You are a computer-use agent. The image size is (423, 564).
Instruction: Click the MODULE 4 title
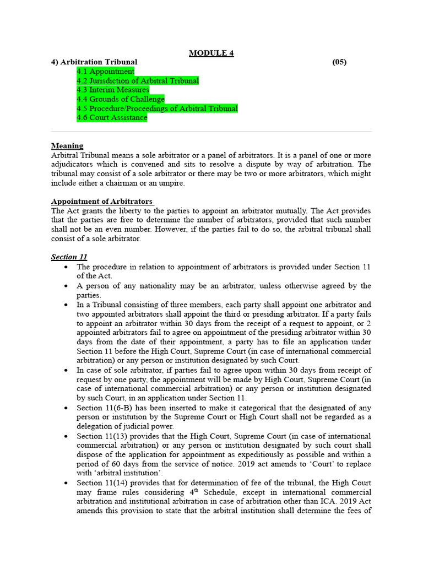coord(211,53)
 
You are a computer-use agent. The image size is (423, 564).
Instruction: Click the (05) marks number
coord(339,62)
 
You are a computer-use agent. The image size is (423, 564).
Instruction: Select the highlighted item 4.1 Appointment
coord(105,72)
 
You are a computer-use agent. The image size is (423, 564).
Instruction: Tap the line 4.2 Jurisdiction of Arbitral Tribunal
coord(138,81)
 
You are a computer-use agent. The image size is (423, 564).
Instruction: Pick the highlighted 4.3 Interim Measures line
coord(113,90)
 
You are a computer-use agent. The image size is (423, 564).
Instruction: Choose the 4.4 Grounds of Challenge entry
coord(121,100)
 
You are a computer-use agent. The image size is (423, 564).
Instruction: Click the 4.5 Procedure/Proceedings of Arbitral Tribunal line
coord(157,109)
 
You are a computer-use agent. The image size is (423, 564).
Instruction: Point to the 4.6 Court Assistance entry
coord(112,118)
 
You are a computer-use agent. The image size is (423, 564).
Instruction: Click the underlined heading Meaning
coord(67,146)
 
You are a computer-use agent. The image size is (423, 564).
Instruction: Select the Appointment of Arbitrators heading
coord(102,202)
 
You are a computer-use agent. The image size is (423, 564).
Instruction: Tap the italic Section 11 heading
coord(69,257)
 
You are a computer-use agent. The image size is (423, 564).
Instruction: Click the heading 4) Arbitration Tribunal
coord(94,62)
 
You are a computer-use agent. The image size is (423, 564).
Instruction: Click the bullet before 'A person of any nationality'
coord(66,286)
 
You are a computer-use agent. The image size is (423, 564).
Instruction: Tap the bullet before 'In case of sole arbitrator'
coord(66,370)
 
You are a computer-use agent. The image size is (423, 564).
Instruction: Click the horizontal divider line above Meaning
coord(211,132)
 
